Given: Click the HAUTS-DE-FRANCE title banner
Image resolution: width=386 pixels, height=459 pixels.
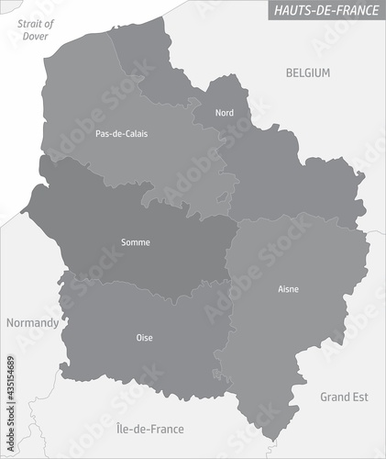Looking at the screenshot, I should [325, 10].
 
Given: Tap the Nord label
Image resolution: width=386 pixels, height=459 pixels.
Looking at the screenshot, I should [224, 113].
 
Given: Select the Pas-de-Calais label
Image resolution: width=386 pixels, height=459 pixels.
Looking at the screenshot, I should [121, 134].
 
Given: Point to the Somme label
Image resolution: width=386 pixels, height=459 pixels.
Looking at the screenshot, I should [136, 243].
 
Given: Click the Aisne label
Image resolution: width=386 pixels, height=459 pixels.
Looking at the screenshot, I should [288, 289].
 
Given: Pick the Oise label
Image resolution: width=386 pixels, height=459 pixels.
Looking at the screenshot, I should [145, 338].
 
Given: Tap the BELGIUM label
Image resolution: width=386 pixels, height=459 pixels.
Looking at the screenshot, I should [307, 73].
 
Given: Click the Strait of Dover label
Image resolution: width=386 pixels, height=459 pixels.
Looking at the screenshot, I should [36, 29].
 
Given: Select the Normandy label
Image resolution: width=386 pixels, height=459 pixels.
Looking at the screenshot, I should [32, 323].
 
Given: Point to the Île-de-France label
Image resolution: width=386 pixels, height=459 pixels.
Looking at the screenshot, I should [150, 429].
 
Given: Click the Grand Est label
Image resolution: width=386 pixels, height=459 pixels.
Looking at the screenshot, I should [344, 397].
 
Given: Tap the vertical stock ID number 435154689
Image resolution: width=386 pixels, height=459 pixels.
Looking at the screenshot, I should [11, 382].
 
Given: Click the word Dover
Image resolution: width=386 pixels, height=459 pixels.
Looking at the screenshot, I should [34, 36].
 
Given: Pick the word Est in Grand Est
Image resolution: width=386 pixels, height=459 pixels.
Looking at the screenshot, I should [359, 397].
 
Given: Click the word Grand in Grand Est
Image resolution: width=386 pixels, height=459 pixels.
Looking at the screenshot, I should [335, 397].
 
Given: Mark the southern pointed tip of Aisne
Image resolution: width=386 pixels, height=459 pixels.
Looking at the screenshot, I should [268, 440].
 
